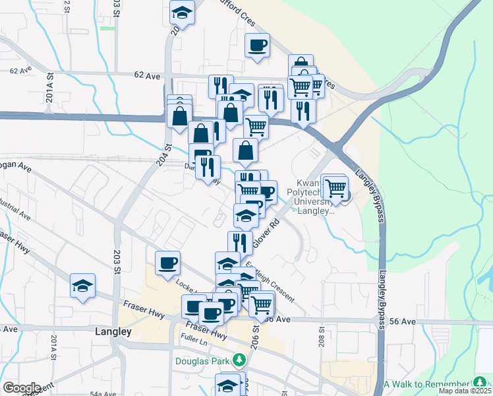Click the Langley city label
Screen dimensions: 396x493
(113, 332)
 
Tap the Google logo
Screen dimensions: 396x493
(21, 388)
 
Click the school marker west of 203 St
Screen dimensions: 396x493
(83, 286)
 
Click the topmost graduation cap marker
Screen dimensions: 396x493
(183, 13)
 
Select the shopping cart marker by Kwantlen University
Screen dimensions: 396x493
(336, 187)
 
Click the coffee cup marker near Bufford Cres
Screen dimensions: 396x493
(257, 45)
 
